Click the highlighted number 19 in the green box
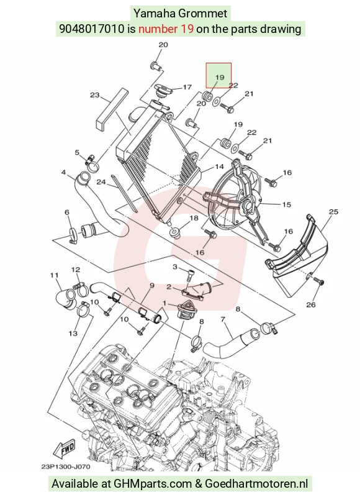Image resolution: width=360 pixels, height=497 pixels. point(220,77)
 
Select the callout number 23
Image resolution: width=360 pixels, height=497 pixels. point(95,95)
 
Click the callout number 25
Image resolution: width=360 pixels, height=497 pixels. point(334,211)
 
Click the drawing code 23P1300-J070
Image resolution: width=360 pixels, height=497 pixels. point(66,467)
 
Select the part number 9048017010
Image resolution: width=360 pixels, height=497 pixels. point(91,29)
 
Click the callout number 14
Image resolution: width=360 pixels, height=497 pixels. point(219,166)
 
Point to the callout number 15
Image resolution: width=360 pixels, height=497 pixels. point(287,204)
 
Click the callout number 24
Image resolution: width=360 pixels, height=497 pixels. point(101,182)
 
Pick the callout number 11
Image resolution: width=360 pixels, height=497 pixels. point(55,275)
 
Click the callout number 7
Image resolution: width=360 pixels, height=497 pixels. point(223,319)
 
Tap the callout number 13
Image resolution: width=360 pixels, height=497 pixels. point(73,333)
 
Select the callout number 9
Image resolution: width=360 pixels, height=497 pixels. point(151,286)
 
